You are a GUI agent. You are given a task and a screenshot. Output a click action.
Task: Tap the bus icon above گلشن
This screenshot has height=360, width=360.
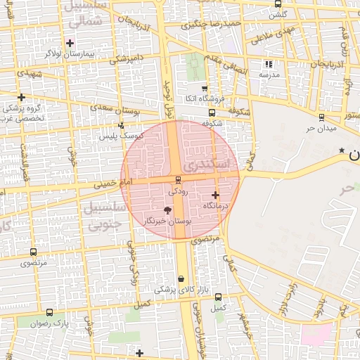click(x=279, y=4)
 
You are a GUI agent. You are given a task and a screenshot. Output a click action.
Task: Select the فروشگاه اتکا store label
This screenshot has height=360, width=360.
click(x=205, y=98)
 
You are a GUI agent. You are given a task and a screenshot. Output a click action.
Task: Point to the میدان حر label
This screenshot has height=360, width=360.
click(x=322, y=128)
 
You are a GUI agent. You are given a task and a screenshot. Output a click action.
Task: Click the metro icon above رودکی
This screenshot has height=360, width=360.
click(x=177, y=180)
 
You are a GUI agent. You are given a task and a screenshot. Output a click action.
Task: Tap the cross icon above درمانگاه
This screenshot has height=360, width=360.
click(x=214, y=194)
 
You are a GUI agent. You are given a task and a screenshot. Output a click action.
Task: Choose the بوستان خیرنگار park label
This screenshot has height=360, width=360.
click(x=167, y=221)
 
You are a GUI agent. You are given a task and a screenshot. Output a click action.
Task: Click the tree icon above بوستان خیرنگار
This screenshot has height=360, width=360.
click(x=167, y=210)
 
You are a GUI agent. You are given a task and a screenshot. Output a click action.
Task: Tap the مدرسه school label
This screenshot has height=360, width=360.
click(x=269, y=74)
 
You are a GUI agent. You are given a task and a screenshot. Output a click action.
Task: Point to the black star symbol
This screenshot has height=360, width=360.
click(x=342, y=150)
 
